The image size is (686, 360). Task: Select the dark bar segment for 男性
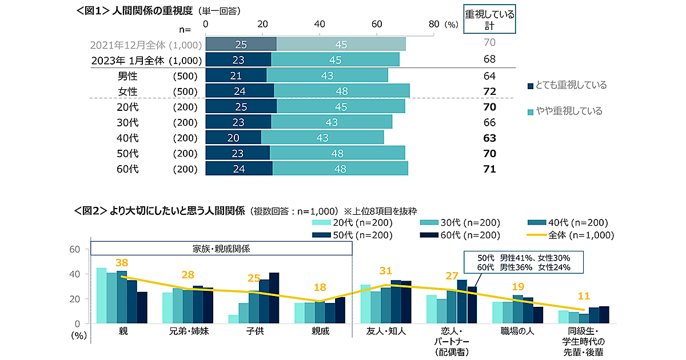[x=236, y=75]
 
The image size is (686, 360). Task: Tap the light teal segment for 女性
[x=341, y=91]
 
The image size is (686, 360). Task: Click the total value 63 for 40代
[x=489, y=138]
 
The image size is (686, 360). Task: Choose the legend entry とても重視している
[x=566, y=85]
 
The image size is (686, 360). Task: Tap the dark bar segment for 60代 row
[x=239, y=169]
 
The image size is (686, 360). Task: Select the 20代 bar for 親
[x=101, y=295]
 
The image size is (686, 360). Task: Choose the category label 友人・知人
[x=385, y=331]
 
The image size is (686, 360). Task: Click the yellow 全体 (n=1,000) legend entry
[x=569, y=235]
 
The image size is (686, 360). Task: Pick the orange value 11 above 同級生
[x=584, y=296]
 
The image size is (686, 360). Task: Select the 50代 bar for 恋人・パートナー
[x=462, y=302]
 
